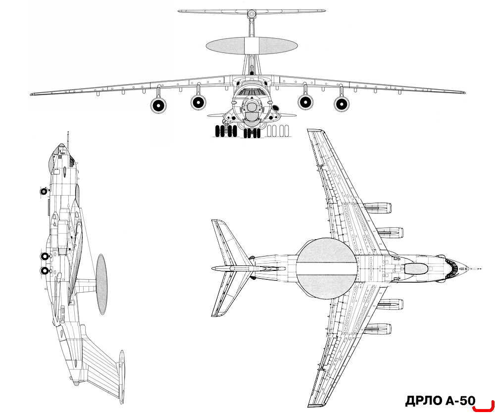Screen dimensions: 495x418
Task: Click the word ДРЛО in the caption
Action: coord(424,401)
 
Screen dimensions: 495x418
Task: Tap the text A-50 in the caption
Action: coord(460,401)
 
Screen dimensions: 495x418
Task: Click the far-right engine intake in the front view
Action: coord(342,104)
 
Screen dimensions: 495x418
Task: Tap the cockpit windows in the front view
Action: coord(251,93)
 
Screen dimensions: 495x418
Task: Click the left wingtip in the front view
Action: coord(32,94)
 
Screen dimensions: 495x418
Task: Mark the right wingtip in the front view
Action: coord(463,93)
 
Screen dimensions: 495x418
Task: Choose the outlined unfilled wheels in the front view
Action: coord(277,131)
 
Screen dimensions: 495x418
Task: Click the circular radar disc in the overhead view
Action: coord(326,268)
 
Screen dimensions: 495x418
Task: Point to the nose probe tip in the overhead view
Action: coord(480,269)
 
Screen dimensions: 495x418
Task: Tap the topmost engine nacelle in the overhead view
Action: coord(378,208)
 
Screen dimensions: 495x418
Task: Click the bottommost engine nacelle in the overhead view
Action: coord(378,329)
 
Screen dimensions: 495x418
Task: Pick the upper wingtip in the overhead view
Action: coord(315,130)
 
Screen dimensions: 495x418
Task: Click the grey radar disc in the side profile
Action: coord(101,284)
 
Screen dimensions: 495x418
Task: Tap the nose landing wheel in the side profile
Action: coord(43,191)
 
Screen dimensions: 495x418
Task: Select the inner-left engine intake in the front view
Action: coord(198,102)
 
